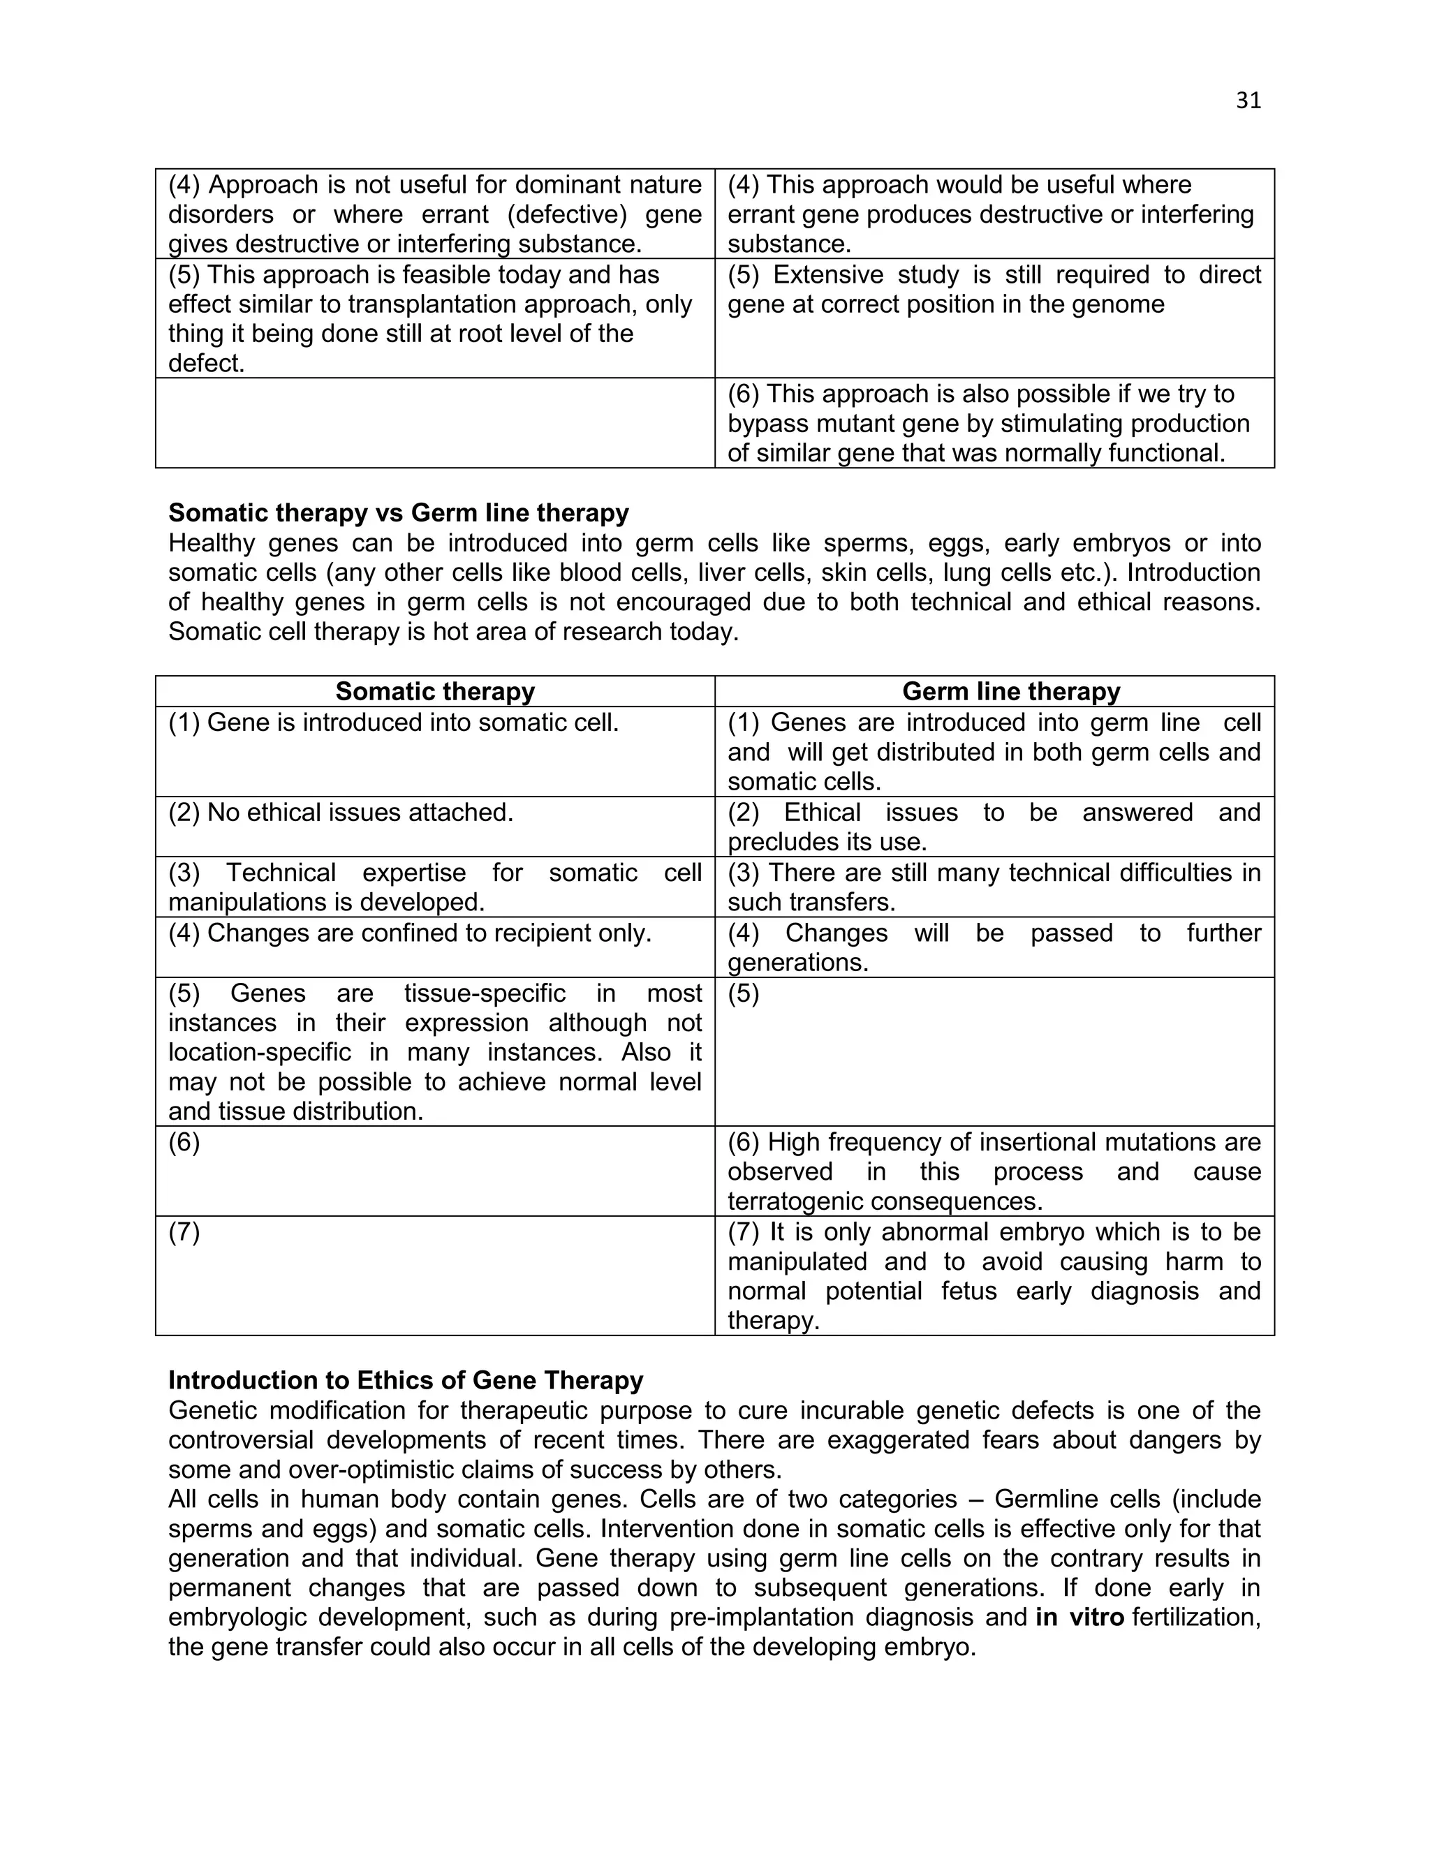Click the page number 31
point(1248,101)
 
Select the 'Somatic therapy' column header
point(434,691)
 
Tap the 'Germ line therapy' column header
point(1010,691)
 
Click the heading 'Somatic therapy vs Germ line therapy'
point(398,512)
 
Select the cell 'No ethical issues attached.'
point(341,813)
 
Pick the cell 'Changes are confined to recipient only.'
point(409,933)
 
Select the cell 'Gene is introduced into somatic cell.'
point(393,723)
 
